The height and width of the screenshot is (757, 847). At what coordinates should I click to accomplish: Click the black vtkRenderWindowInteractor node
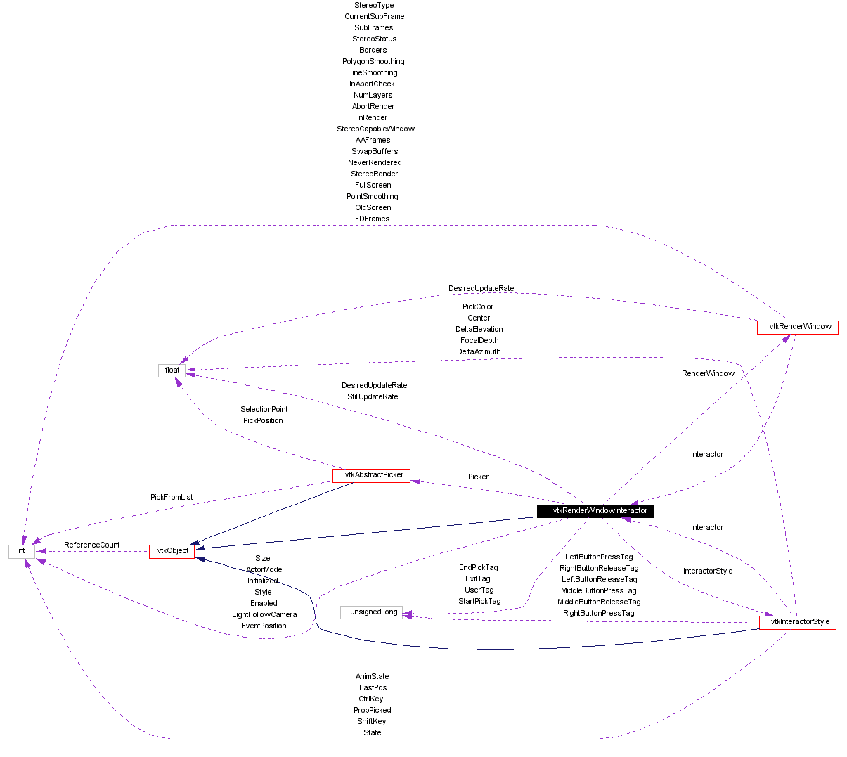pyautogui.click(x=595, y=511)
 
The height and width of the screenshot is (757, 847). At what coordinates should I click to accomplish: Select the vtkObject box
pyautogui.click(x=172, y=551)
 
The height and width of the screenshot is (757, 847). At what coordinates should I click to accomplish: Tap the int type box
pyautogui.click(x=21, y=551)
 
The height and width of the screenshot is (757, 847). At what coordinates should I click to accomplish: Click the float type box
pyautogui.click(x=172, y=370)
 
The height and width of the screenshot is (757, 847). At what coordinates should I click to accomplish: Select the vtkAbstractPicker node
pyautogui.click(x=371, y=475)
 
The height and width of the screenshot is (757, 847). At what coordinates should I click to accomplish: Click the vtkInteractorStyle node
pyautogui.click(x=798, y=622)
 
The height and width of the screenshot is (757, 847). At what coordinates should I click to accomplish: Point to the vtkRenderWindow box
pyautogui.click(x=798, y=327)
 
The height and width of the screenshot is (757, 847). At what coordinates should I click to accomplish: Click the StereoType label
pyautogui.click(x=374, y=5)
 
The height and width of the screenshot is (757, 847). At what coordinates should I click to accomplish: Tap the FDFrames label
pyautogui.click(x=373, y=219)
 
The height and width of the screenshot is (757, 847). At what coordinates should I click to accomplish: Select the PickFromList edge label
pyautogui.click(x=172, y=497)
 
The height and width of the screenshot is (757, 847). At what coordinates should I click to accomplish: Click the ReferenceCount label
pyautogui.click(x=91, y=545)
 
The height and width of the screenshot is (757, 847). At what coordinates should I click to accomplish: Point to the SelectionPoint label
pyautogui.click(x=264, y=409)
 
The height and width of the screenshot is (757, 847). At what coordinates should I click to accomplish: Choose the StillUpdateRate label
pyautogui.click(x=373, y=396)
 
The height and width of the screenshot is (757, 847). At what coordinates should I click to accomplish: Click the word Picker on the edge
pyautogui.click(x=478, y=477)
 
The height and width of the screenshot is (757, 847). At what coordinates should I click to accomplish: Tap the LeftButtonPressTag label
pyautogui.click(x=599, y=557)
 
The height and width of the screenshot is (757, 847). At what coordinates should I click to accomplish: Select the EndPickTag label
pyautogui.click(x=478, y=567)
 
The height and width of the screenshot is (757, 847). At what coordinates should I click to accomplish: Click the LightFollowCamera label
pyautogui.click(x=264, y=614)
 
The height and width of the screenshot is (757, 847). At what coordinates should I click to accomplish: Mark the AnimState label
pyautogui.click(x=373, y=676)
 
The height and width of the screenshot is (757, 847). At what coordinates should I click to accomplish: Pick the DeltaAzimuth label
pyautogui.click(x=479, y=351)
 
